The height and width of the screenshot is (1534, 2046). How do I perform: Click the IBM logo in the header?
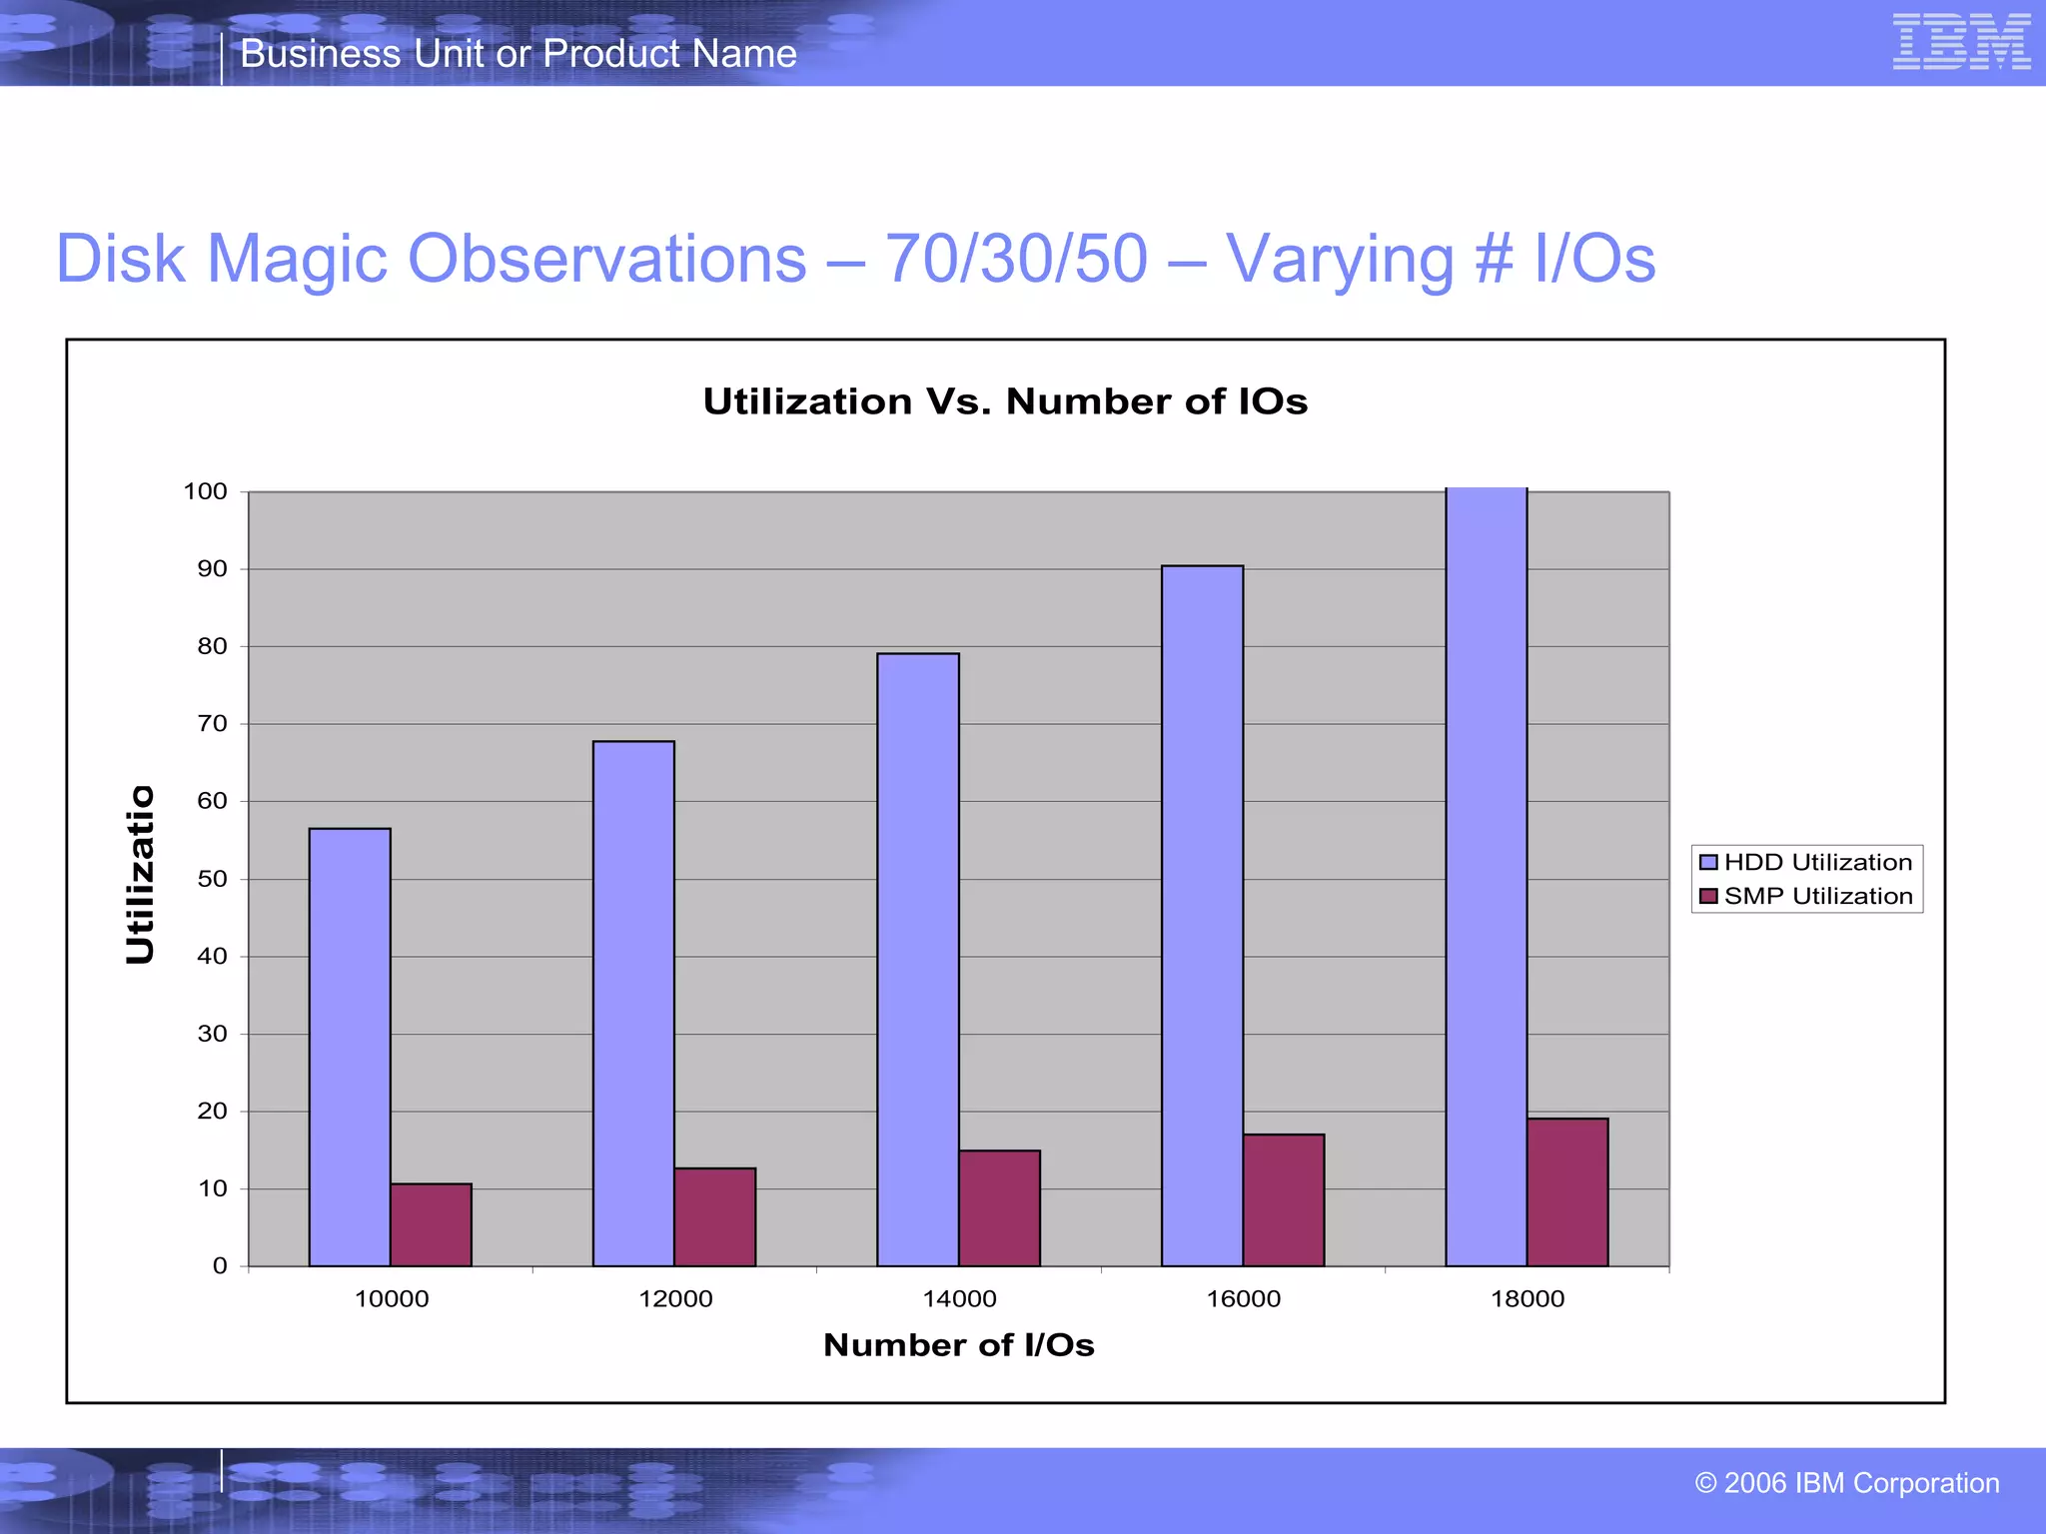click(1961, 42)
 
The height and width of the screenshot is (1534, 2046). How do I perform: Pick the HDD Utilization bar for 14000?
click(918, 959)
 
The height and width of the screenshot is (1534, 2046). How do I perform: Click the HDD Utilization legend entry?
click(1806, 862)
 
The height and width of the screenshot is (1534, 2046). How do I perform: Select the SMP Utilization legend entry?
click(1806, 896)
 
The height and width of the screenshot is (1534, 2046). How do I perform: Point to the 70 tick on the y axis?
click(212, 723)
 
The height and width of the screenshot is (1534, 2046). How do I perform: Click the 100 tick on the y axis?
click(206, 491)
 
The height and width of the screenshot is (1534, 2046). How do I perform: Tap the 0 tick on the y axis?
click(220, 1265)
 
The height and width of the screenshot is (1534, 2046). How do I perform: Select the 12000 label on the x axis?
click(675, 1298)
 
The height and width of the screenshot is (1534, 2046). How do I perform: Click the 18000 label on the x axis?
click(1528, 1298)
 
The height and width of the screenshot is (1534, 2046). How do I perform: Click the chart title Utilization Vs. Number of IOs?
click(1005, 401)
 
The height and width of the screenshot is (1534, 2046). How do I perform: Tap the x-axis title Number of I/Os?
click(958, 1345)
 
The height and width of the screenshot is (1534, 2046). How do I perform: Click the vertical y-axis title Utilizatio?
click(141, 875)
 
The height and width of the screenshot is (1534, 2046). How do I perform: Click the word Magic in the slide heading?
click(298, 259)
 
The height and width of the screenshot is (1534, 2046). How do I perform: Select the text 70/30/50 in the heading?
click(1016, 259)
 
